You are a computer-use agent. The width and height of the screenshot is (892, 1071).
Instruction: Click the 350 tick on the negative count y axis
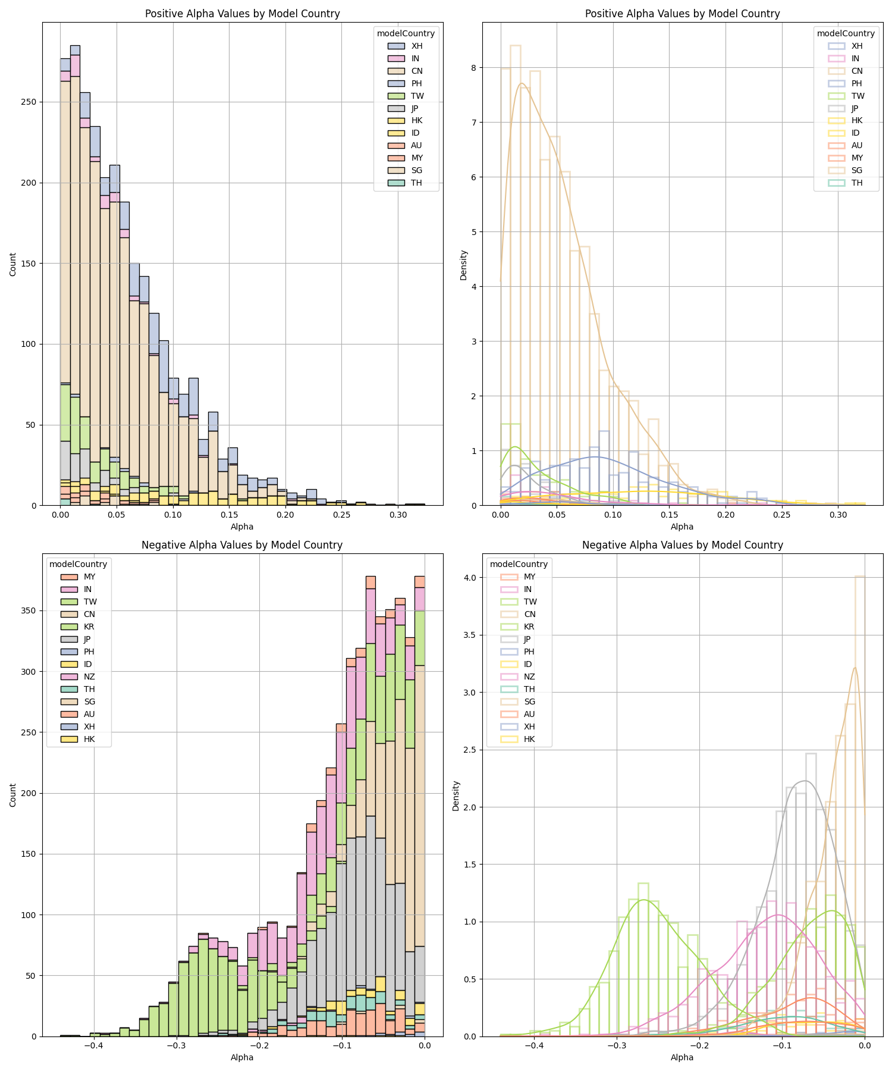tap(30, 610)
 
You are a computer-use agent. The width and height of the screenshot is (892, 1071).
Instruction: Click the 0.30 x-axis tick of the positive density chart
tap(838, 513)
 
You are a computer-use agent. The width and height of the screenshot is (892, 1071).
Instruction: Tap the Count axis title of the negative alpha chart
tap(12, 794)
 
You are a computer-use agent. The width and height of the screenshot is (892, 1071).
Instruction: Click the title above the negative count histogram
tap(242, 545)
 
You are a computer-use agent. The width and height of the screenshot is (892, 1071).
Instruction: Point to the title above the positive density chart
tap(682, 14)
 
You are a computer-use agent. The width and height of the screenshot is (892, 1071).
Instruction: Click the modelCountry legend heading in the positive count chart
tap(406, 33)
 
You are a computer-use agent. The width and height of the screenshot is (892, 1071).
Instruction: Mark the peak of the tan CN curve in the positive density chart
tap(522, 83)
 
